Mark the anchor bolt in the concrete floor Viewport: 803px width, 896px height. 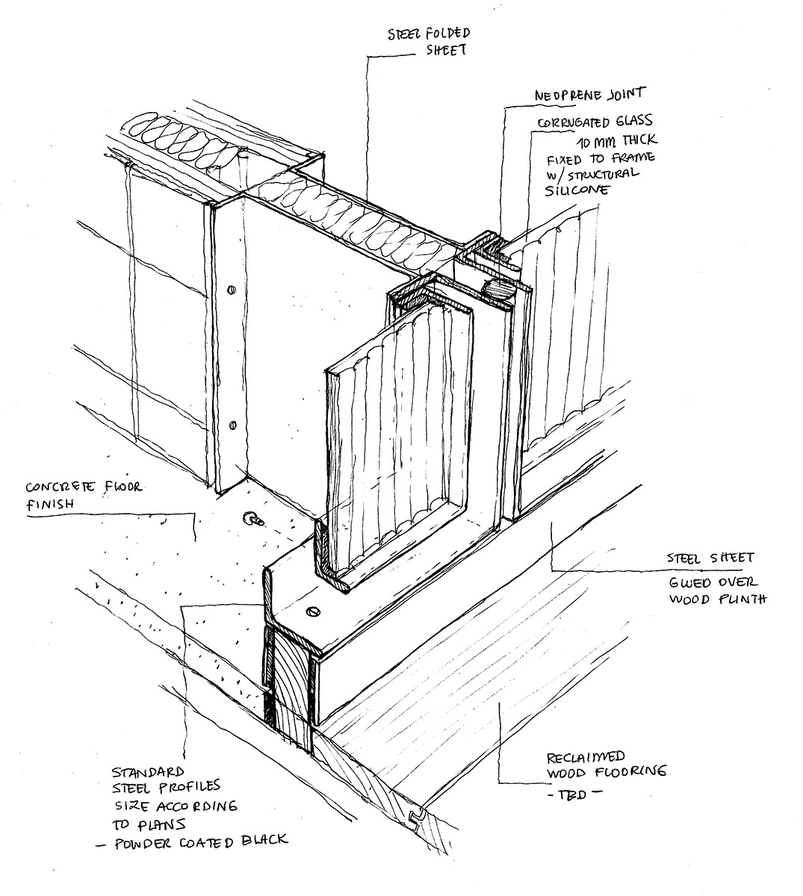click(x=248, y=517)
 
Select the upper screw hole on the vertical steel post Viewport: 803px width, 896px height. click(x=229, y=286)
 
